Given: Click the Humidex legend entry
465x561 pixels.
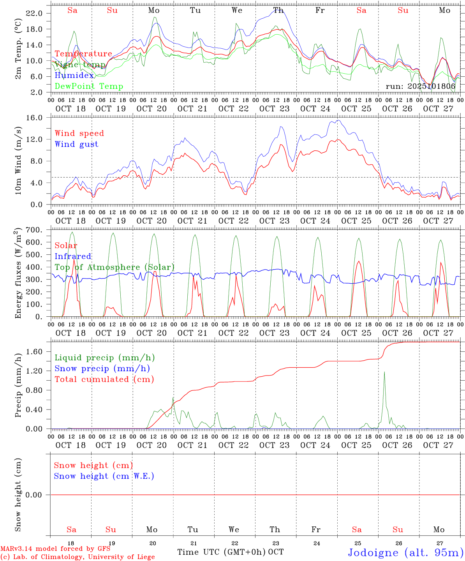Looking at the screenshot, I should coord(74,76).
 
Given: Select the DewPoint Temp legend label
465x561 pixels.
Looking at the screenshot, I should coord(89,86).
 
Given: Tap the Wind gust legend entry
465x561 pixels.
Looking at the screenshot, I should coord(76,144).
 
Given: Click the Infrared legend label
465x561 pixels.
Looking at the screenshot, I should coord(73,256).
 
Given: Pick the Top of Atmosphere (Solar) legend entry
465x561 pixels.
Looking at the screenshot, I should coord(114,267).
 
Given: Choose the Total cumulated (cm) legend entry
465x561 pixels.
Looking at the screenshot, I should coord(104,379).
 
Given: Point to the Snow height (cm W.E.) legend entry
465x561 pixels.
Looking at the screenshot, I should coord(104,476).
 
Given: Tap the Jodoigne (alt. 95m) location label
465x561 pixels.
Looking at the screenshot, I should coord(405,552).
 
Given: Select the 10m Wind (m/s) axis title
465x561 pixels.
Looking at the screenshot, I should coord(18,161).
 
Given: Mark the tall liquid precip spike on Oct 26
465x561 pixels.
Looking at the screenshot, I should coord(384,372).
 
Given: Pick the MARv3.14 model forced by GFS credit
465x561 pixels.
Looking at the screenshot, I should coord(55,549).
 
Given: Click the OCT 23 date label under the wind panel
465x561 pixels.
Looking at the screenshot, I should coord(275,221).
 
